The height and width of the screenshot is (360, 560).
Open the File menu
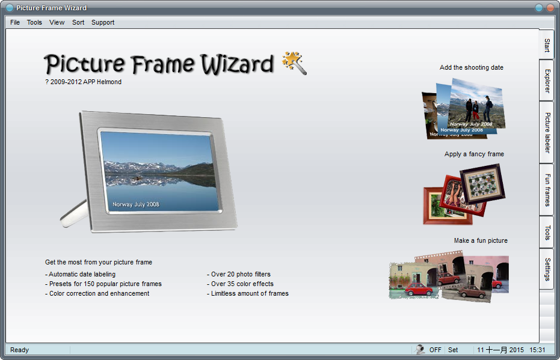[15, 23]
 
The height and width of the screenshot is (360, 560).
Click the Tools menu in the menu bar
[34, 23]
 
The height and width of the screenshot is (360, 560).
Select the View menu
[57, 23]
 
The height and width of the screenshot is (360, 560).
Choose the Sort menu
[78, 23]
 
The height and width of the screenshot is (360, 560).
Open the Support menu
[103, 23]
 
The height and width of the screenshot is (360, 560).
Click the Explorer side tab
[547, 81]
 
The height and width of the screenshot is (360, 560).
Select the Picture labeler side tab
[547, 132]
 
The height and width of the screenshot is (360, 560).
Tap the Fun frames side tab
[547, 189]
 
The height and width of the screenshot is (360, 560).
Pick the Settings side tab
[547, 269]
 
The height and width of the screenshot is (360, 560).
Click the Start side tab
[547, 45]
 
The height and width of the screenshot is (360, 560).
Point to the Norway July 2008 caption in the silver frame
[136, 204]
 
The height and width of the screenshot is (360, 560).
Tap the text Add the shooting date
[472, 68]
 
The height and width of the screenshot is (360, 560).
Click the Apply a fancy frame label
[474, 154]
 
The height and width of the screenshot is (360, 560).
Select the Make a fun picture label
[481, 241]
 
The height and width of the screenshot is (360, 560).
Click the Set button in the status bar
[453, 350]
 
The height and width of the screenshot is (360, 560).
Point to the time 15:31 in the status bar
[537, 350]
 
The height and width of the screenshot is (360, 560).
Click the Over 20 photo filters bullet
[239, 275]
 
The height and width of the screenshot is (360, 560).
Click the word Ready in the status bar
[20, 350]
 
